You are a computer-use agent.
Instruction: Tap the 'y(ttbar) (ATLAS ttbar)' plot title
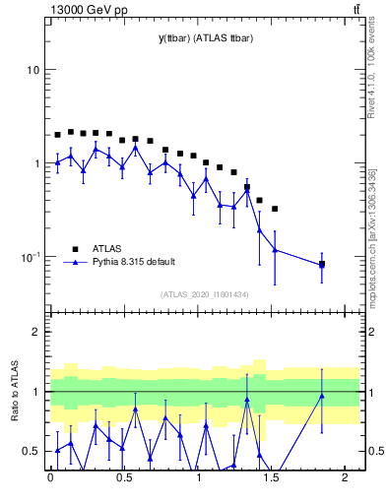tap(205, 38)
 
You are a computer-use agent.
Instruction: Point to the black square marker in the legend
tap(74, 249)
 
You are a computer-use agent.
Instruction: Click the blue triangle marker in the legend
tap(74, 262)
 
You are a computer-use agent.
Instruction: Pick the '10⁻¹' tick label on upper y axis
tap(31, 257)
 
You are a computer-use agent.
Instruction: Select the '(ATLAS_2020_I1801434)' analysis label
tap(206, 294)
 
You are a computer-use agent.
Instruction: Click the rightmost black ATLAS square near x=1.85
tap(322, 264)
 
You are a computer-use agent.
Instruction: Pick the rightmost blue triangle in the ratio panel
tap(322, 396)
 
